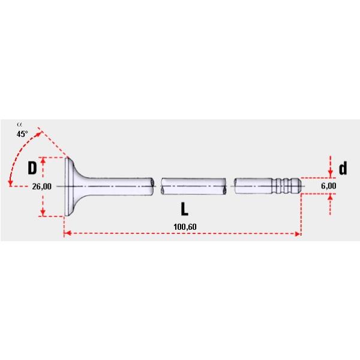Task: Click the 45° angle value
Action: tap(22, 134)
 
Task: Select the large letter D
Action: tap(32, 167)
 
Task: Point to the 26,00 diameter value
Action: tap(41, 187)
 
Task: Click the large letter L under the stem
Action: tap(185, 209)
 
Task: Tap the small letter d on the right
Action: tap(343, 169)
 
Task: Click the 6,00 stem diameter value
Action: tap(328, 187)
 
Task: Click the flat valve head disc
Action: tap(68, 187)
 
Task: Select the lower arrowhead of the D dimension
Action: tap(43, 213)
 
